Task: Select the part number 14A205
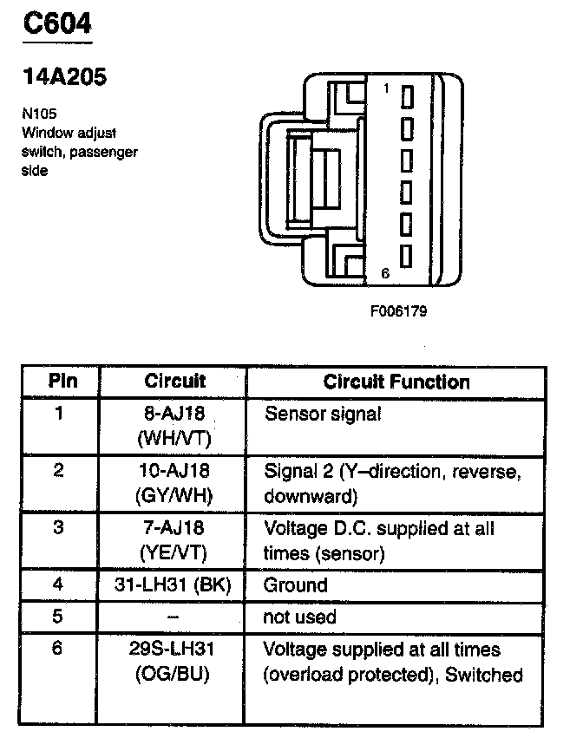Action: pyautogui.click(x=64, y=77)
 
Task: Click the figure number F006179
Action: pyautogui.click(x=397, y=310)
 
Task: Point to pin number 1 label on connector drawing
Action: pyautogui.click(x=386, y=88)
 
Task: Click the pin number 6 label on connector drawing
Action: pyautogui.click(x=386, y=272)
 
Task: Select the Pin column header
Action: pyautogui.click(x=62, y=382)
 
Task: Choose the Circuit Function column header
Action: pyautogui.click(x=396, y=382)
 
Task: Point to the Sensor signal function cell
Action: pyautogui.click(x=322, y=414)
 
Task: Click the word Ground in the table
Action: pyautogui.click(x=295, y=585)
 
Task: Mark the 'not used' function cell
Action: pyautogui.click(x=298, y=617)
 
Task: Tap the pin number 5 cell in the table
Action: pyautogui.click(x=58, y=617)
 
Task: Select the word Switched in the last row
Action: pyautogui.click(x=484, y=674)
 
